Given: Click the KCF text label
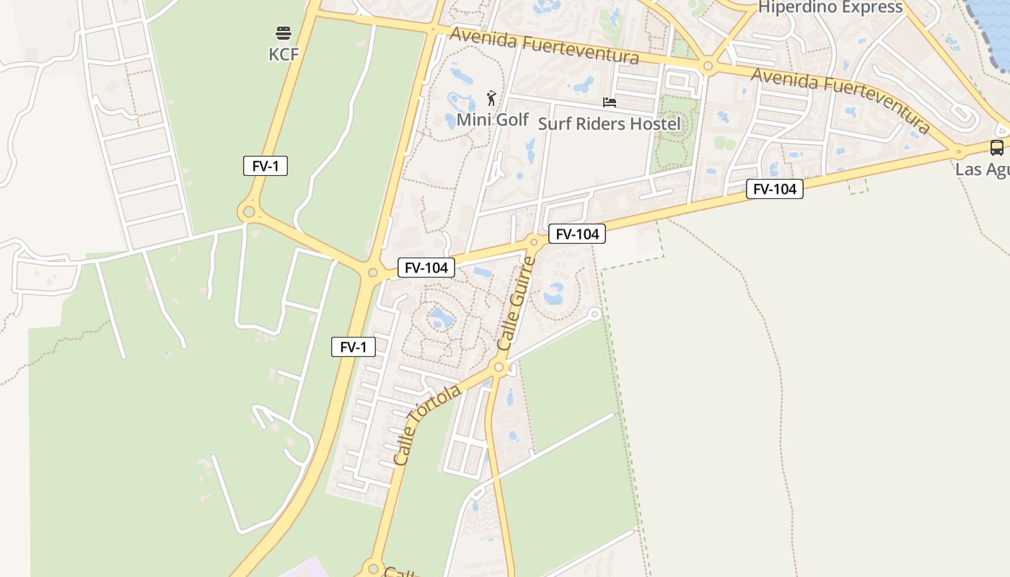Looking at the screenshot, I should tap(284, 54).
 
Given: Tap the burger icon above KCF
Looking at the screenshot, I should tap(284, 33).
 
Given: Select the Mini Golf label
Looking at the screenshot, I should tap(493, 120).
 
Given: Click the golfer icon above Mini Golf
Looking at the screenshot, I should tap(492, 98).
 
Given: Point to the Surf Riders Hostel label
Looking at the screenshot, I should tap(610, 123).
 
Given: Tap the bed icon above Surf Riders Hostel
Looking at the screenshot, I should tap(610, 102).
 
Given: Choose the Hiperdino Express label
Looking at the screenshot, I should tap(830, 7).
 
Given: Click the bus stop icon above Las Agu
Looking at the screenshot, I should tap(997, 148).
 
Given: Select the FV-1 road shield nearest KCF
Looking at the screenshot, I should tap(265, 166).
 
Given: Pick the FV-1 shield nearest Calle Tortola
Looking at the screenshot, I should tap(353, 347).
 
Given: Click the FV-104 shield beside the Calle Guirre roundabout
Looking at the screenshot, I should tap(577, 234).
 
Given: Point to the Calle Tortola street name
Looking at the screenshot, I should tap(428, 425).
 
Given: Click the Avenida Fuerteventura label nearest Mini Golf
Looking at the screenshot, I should tap(545, 45).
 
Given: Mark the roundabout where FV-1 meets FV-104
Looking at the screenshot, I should tap(372, 273).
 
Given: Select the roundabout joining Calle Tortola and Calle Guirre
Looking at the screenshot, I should tap(499, 368).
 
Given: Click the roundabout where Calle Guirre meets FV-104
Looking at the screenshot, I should tap(535, 242).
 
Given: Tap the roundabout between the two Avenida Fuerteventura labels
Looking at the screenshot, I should tap(708, 67).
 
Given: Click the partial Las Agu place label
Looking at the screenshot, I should tap(982, 169).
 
